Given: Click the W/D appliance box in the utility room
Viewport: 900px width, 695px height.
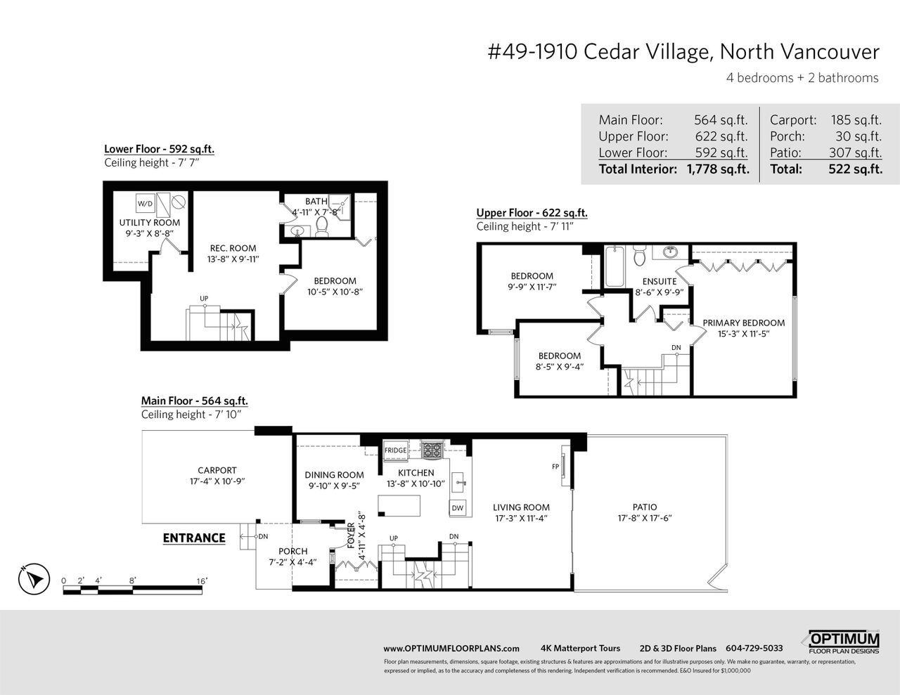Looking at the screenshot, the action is (x=146, y=203).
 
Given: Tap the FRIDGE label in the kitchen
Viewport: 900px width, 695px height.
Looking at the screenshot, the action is (x=395, y=450).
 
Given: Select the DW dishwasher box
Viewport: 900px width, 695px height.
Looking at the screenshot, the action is (x=457, y=508).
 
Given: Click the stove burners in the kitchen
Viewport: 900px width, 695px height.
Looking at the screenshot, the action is (x=432, y=450).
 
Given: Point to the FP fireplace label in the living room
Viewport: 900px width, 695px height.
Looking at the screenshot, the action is (x=555, y=467).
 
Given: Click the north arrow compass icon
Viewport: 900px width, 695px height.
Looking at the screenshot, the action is (x=34, y=578).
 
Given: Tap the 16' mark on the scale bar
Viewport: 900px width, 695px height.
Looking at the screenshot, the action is (x=202, y=580).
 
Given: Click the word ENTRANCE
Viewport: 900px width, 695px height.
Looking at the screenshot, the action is (x=194, y=538).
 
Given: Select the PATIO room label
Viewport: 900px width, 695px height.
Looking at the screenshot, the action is (x=645, y=507).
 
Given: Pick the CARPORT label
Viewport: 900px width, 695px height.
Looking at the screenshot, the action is (x=217, y=470).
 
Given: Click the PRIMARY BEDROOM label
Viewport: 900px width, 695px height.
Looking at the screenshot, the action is (x=743, y=323).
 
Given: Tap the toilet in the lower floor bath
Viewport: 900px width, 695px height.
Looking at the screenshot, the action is (x=322, y=226).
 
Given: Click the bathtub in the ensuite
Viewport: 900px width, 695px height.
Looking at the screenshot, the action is (x=615, y=266).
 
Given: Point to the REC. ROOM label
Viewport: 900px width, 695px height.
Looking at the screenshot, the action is (x=233, y=248).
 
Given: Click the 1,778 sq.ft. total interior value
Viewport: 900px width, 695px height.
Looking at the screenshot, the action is (x=718, y=169).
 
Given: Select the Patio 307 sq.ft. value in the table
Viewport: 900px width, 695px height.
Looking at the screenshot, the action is (x=855, y=152).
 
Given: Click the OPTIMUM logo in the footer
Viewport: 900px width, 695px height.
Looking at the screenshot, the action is (x=844, y=642).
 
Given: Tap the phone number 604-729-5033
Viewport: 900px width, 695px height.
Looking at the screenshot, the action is (x=754, y=648).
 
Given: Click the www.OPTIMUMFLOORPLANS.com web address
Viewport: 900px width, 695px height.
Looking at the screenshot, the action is (x=451, y=649).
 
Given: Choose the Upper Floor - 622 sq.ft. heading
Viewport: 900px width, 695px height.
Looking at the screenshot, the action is (x=532, y=213).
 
